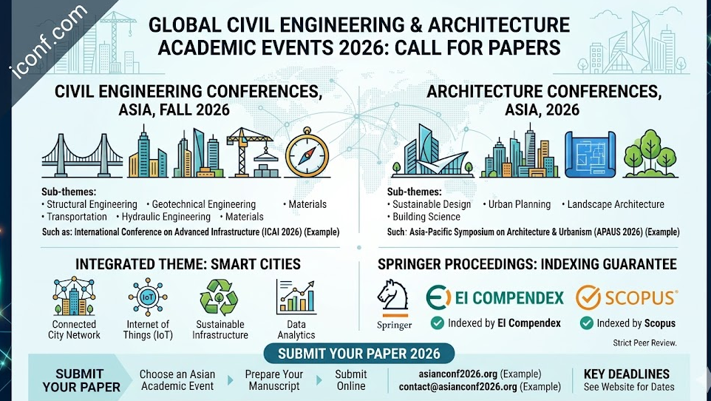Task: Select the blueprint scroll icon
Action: coord(589,154)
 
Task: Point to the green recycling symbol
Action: coord(219,298)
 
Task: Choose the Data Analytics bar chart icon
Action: coord(296,298)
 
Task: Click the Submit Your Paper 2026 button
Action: coord(358,353)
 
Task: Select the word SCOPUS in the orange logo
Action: coord(640,298)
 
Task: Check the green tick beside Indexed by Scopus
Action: coord(586,323)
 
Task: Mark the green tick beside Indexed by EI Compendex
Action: coord(438,323)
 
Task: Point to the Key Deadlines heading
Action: coord(626,374)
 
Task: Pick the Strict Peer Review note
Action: coord(644,343)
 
